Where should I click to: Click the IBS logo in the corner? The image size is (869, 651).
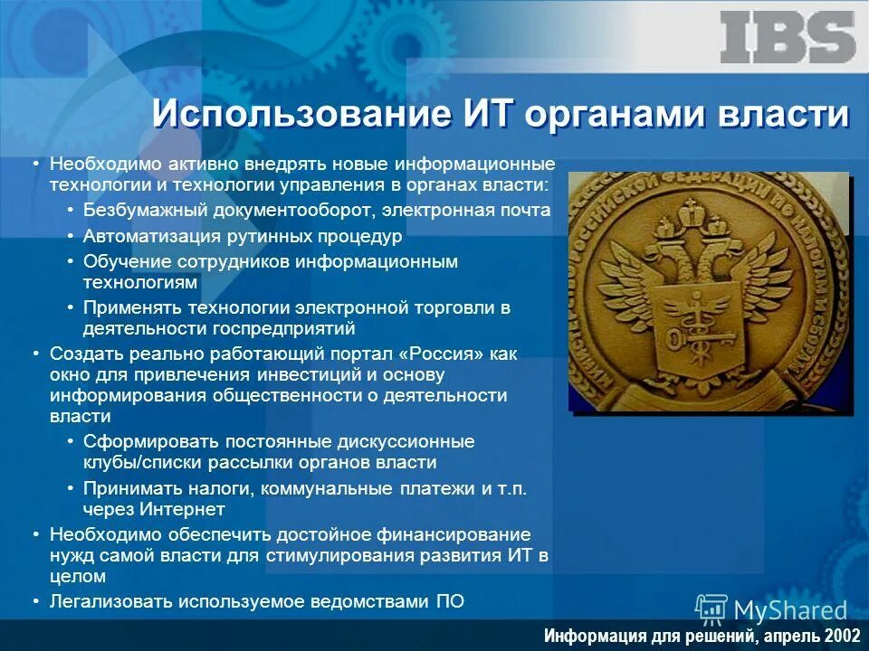[788, 37]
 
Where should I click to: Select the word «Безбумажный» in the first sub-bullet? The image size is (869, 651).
[147, 210]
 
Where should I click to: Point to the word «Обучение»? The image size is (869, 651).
[120, 261]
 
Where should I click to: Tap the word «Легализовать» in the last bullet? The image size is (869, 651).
[111, 600]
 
